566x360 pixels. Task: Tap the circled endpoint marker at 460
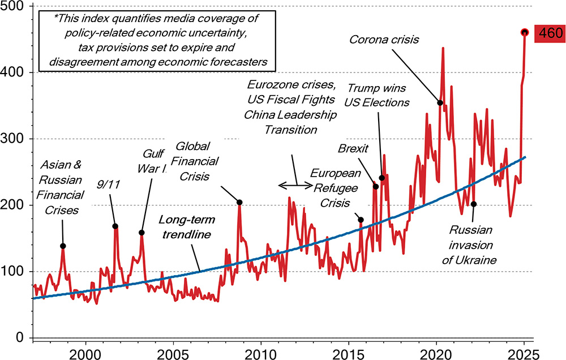pos(524,32)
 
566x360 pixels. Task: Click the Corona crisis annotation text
pos(383,40)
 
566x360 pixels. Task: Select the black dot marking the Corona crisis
pos(440,102)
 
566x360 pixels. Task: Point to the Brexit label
pos(353,148)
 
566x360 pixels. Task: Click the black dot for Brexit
pos(375,186)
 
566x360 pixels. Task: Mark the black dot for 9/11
pos(115,226)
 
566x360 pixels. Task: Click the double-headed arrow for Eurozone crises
pos(295,185)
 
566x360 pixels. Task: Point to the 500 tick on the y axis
pos(16,6)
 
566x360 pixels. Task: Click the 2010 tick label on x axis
pos(260,352)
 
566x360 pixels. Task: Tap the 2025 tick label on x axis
pos(524,352)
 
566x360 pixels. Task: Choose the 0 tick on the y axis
pos(21,338)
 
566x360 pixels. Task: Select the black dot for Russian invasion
pos(474,204)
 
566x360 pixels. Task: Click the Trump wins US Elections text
pos(378,95)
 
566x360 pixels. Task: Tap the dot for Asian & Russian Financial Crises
pos(63,246)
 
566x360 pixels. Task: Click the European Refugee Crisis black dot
pos(361,220)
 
